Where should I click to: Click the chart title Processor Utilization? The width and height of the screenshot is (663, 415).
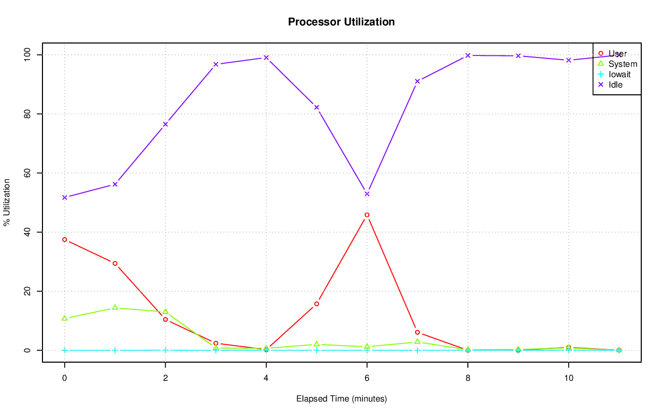(341, 22)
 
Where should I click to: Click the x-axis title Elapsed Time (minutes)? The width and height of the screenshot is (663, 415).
(341, 399)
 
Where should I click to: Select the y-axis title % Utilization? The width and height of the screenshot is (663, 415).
(7, 202)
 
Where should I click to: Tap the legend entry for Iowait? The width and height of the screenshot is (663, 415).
(619, 74)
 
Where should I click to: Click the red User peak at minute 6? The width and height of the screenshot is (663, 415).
(367, 214)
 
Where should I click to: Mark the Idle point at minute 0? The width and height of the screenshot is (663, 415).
(64, 197)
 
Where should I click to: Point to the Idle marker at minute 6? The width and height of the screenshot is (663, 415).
(367, 194)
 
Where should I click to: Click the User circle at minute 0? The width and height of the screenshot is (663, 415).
(64, 239)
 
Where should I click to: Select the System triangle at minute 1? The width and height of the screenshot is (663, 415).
(115, 307)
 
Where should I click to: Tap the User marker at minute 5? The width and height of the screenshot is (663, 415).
(316, 304)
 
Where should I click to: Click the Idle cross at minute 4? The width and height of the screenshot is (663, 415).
(266, 58)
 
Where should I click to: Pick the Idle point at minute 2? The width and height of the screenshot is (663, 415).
(165, 124)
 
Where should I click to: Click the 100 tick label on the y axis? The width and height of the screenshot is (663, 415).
(26, 54)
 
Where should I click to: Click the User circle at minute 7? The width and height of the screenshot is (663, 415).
(417, 332)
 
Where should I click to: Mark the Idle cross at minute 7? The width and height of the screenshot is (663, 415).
(417, 81)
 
